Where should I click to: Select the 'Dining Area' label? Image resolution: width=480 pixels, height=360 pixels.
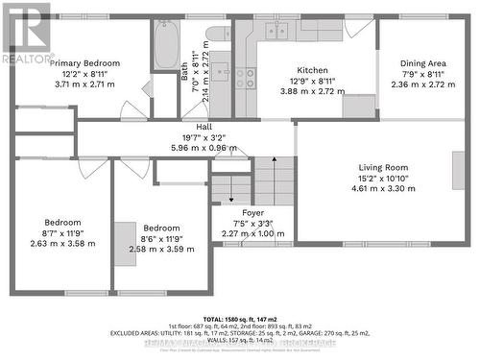(x=421, y=63)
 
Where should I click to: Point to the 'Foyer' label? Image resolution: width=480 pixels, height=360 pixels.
(x=252, y=212)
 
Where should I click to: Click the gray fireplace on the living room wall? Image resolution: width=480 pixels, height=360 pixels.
(x=457, y=169)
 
